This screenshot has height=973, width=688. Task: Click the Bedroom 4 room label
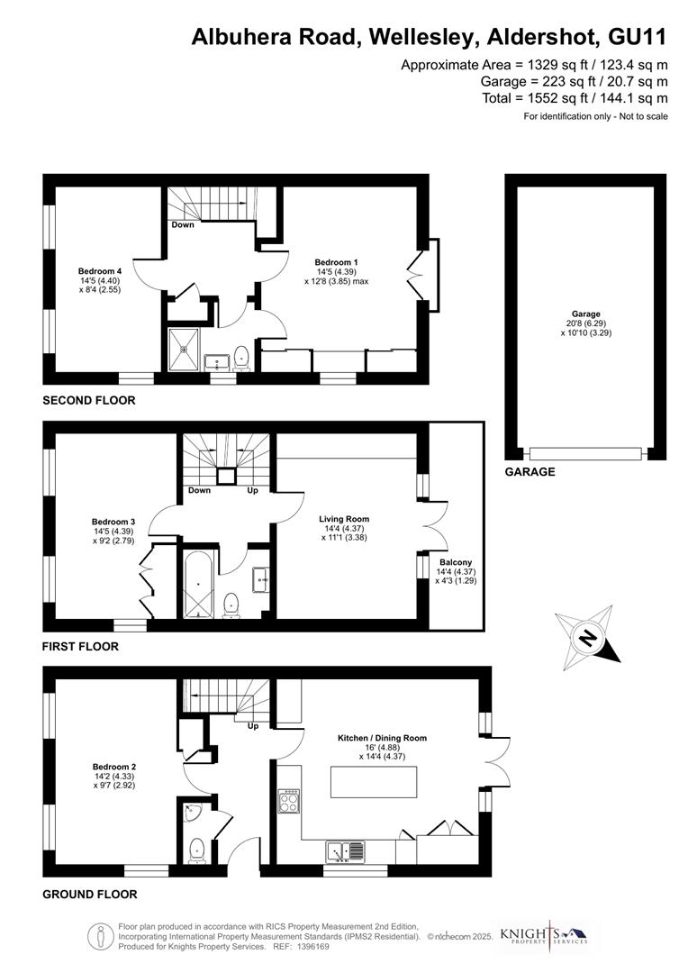point(100,272)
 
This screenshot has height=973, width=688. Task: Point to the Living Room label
point(344,519)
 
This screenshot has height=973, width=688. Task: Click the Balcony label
point(456,562)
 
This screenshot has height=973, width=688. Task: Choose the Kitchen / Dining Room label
point(382,738)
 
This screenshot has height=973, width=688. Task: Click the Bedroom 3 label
point(113,522)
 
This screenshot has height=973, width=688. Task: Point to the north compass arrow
point(587,638)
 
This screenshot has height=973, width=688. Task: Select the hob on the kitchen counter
point(291,801)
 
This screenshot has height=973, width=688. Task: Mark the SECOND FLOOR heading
point(89,400)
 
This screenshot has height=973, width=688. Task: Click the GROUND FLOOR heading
point(90,895)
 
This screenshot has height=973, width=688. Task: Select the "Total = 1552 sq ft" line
point(574,97)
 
